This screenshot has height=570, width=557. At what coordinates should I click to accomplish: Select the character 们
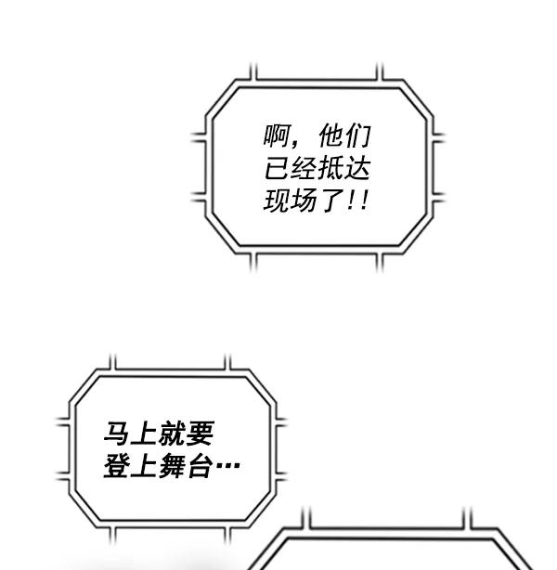(x=358, y=136)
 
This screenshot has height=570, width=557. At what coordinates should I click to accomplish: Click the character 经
(x=304, y=168)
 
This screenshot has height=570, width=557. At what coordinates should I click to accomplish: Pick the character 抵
(x=330, y=168)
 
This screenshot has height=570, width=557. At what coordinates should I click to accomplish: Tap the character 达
(x=357, y=168)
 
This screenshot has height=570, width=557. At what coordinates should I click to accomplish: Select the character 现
(x=277, y=201)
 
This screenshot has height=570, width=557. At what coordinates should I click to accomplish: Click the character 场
(x=304, y=201)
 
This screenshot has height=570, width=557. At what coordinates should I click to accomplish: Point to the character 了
(x=330, y=201)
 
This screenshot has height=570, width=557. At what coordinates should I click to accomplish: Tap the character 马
(x=117, y=434)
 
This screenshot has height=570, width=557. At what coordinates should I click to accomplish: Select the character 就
(x=173, y=434)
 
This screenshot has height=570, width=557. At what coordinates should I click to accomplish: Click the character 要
(x=200, y=434)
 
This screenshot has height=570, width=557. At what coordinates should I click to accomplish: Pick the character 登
(x=117, y=465)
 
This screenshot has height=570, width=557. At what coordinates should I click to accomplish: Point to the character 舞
(x=173, y=465)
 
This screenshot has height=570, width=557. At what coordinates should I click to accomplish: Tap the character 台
(x=200, y=465)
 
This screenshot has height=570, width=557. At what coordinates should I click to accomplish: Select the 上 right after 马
(x=145, y=434)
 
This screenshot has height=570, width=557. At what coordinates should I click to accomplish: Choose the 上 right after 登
(x=145, y=465)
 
